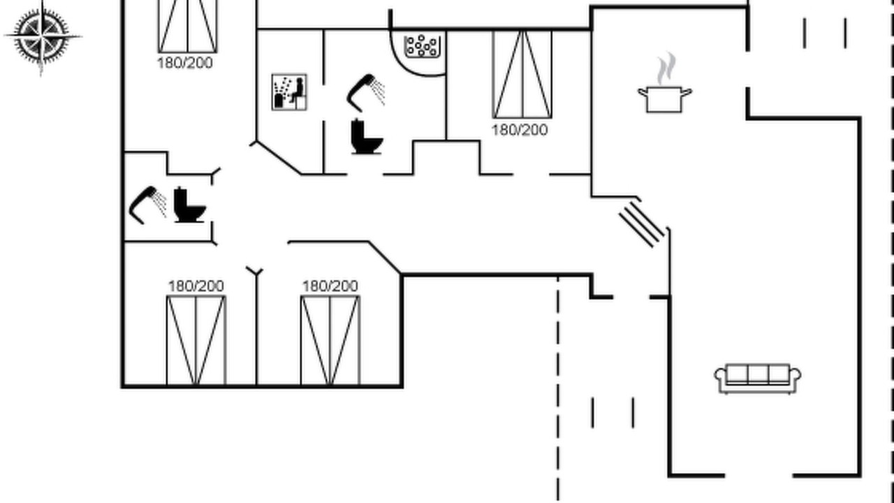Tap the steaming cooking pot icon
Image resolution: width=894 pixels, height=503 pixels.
tap(664, 97)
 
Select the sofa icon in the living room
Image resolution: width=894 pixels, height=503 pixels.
tap(757, 378)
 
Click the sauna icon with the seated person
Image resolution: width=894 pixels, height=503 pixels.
tap(289, 92)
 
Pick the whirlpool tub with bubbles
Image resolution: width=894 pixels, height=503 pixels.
tap(422, 46)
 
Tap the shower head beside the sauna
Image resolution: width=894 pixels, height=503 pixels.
tap(365, 92)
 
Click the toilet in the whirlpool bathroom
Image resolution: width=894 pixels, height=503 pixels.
tap(366, 136)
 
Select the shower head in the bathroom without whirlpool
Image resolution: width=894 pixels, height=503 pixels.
tap(147, 204)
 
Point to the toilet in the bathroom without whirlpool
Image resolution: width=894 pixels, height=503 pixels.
tap(189, 205)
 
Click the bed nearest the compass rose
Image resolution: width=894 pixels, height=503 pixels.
tap(187, 26)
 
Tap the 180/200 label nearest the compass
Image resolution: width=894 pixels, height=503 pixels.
tap(185, 63)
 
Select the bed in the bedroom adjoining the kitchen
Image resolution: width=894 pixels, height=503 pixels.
tap(522, 74)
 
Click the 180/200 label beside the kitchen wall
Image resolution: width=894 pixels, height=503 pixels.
tap(520, 130)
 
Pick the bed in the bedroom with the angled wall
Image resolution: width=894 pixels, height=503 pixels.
tap(330, 340)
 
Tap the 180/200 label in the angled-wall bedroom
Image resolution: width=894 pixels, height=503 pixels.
tap(330, 286)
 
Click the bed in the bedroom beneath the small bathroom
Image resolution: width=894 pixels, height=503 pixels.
tap(196, 340)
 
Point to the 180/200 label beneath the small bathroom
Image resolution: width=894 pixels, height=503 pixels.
tap(196, 286)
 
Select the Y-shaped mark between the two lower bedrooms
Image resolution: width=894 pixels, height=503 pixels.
tap(256, 271)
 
